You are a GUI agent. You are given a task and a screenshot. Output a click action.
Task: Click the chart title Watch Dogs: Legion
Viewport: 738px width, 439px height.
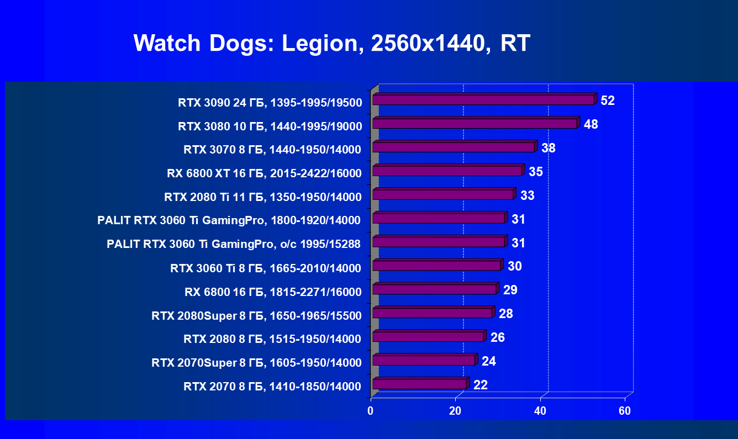point(331,43)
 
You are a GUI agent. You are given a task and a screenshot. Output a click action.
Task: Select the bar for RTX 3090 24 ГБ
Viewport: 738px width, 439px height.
point(483,99)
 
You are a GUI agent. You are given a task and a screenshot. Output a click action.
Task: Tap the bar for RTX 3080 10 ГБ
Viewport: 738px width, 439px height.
point(475,123)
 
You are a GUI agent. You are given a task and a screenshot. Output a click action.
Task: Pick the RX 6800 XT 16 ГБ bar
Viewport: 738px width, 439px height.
point(447,171)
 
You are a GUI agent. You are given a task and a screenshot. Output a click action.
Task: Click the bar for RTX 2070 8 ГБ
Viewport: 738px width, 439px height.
point(419,384)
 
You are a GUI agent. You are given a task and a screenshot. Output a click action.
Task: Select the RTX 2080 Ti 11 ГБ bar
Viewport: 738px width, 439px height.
point(443,194)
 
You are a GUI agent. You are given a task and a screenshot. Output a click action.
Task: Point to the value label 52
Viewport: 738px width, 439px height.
point(608,101)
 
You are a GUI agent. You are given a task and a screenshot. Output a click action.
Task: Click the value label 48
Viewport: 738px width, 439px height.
point(591,124)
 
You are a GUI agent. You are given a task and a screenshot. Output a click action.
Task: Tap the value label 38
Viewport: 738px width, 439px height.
point(549,148)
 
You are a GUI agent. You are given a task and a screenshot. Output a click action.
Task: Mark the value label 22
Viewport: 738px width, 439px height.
point(481,385)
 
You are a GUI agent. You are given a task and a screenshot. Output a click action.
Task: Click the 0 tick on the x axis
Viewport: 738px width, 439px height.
point(371,411)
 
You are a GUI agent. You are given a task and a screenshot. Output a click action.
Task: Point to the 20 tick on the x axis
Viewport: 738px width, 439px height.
point(455,411)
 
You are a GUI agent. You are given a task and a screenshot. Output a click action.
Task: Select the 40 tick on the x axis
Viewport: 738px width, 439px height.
point(540,411)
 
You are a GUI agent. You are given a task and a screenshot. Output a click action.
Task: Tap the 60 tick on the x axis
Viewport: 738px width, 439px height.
point(625,411)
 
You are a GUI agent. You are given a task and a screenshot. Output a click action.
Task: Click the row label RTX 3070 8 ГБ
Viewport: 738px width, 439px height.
point(272,150)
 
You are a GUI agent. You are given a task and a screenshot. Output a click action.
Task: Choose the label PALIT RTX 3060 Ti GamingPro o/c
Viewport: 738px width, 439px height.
point(234,244)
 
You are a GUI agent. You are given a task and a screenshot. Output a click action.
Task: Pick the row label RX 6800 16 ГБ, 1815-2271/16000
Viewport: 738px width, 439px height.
point(273,292)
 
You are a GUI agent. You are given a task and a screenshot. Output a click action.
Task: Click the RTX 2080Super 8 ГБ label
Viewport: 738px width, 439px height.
point(256,316)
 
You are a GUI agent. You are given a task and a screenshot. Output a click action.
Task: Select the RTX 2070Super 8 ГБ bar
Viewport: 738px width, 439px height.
point(424,360)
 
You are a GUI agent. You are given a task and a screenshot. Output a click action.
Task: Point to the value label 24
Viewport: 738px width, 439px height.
point(489,361)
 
